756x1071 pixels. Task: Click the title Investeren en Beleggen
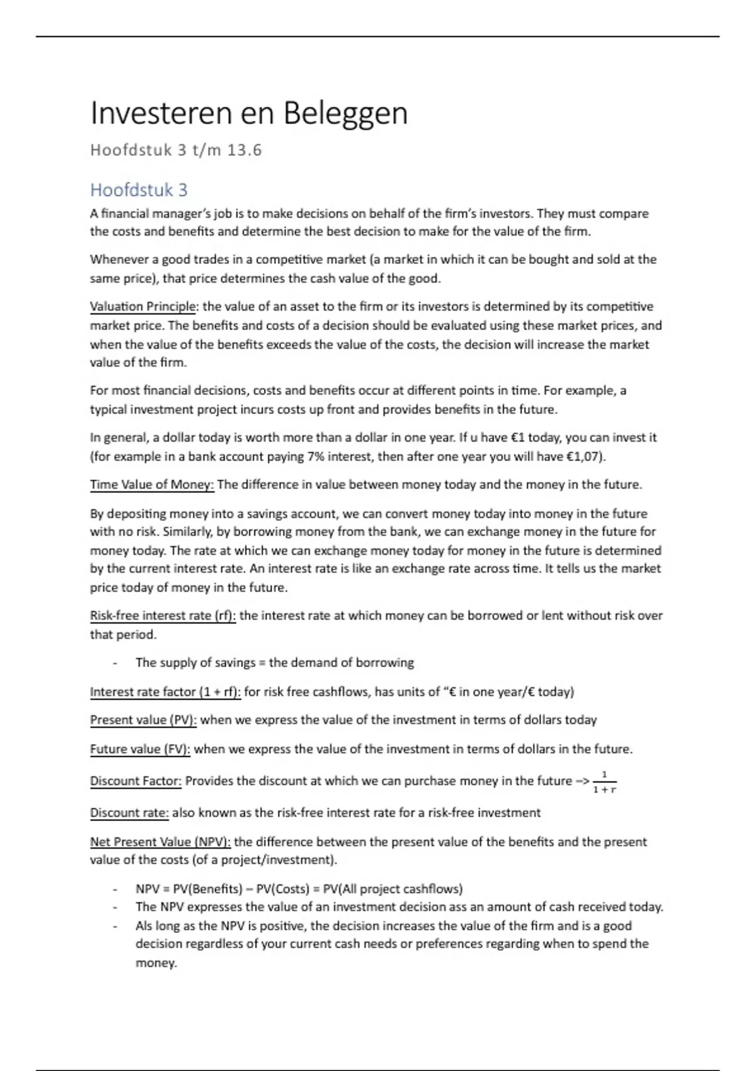(x=249, y=114)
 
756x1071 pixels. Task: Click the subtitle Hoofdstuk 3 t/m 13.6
(x=176, y=151)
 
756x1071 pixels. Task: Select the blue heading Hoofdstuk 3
(x=139, y=190)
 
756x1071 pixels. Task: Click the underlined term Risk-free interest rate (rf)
(x=163, y=616)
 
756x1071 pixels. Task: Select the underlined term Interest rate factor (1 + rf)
(x=165, y=692)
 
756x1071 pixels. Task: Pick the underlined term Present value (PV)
(x=143, y=720)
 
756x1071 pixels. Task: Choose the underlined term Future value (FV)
(x=140, y=749)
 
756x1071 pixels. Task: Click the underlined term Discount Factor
(x=135, y=781)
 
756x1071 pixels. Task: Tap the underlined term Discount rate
(x=129, y=813)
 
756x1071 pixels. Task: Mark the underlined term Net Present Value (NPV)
(x=160, y=842)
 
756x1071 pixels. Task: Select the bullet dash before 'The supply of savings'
(x=115, y=663)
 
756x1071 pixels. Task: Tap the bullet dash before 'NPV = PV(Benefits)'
(x=115, y=890)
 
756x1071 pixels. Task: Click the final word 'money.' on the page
(x=156, y=963)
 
